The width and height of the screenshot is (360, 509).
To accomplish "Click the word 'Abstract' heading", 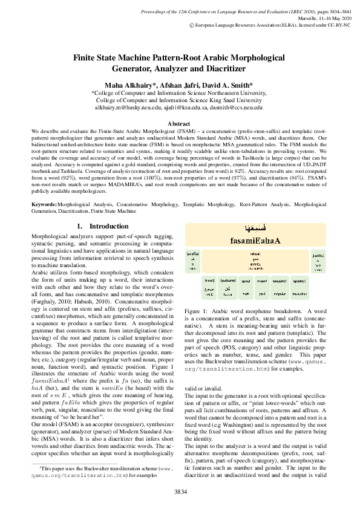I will [179, 123].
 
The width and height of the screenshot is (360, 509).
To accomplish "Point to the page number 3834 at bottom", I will [180, 491].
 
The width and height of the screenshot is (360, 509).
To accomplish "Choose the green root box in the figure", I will [209, 287].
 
